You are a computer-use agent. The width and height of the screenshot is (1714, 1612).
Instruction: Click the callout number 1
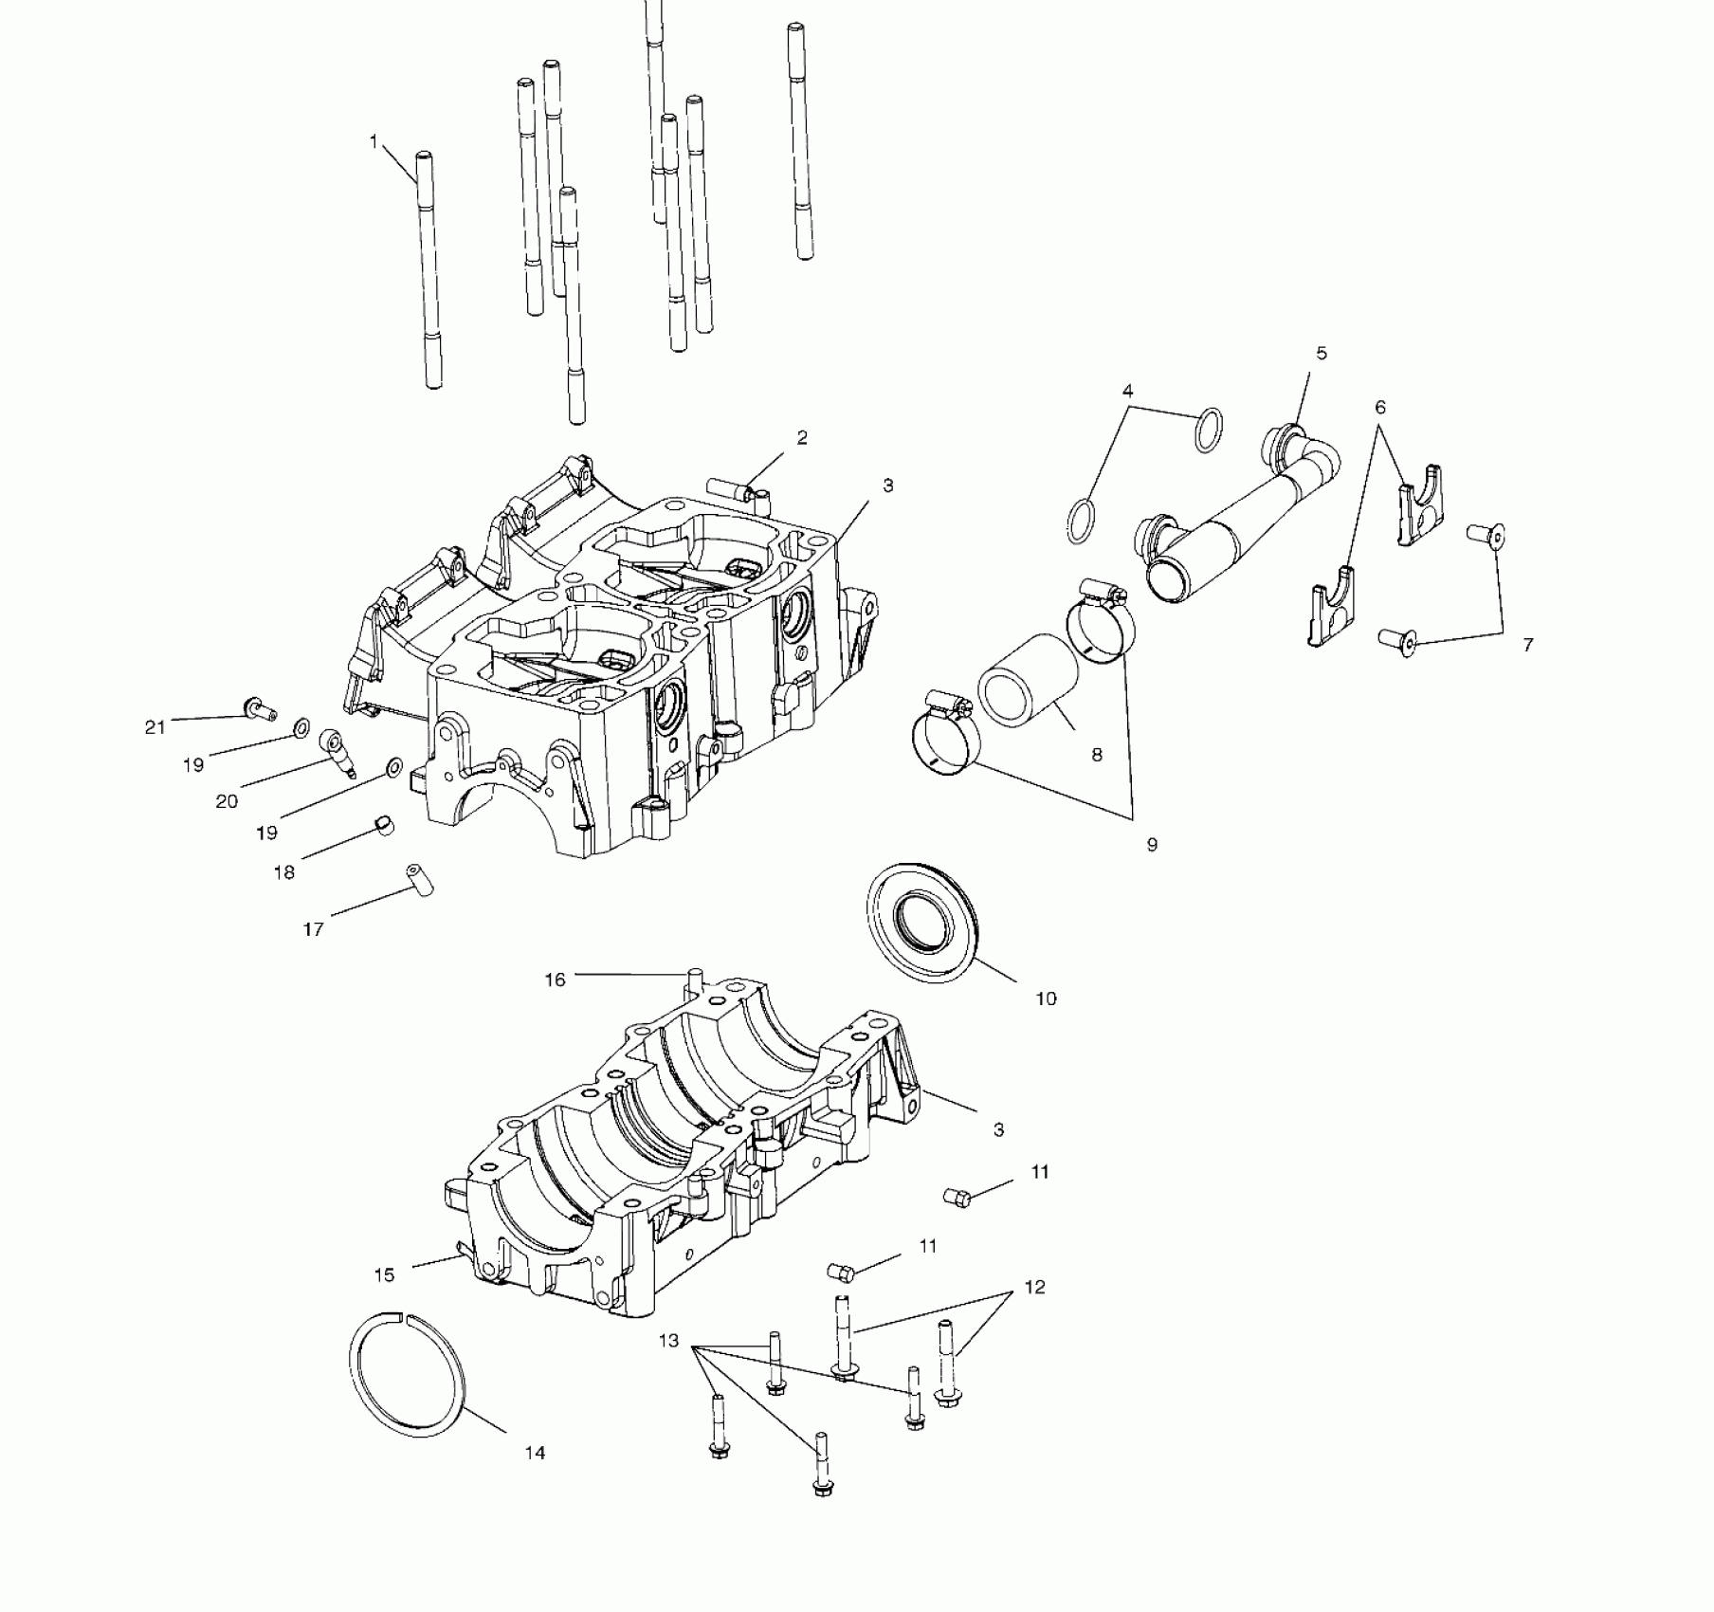[374, 142]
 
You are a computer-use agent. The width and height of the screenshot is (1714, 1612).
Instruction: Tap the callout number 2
[802, 437]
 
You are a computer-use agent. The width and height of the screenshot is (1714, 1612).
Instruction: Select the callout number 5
[1322, 354]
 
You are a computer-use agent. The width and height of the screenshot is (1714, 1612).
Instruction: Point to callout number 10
[1046, 998]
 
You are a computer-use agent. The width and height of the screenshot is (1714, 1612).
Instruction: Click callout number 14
[535, 1453]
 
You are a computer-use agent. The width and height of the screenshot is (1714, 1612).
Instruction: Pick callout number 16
[555, 980]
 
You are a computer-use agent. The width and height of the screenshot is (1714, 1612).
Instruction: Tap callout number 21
[155, 727]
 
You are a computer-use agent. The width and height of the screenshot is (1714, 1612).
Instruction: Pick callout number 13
[669, 1341]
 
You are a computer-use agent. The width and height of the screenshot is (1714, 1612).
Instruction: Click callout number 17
[313, 929]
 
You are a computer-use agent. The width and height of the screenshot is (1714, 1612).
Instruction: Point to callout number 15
[384, 1275]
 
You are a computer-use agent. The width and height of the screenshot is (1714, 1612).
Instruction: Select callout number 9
[1152, 844]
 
